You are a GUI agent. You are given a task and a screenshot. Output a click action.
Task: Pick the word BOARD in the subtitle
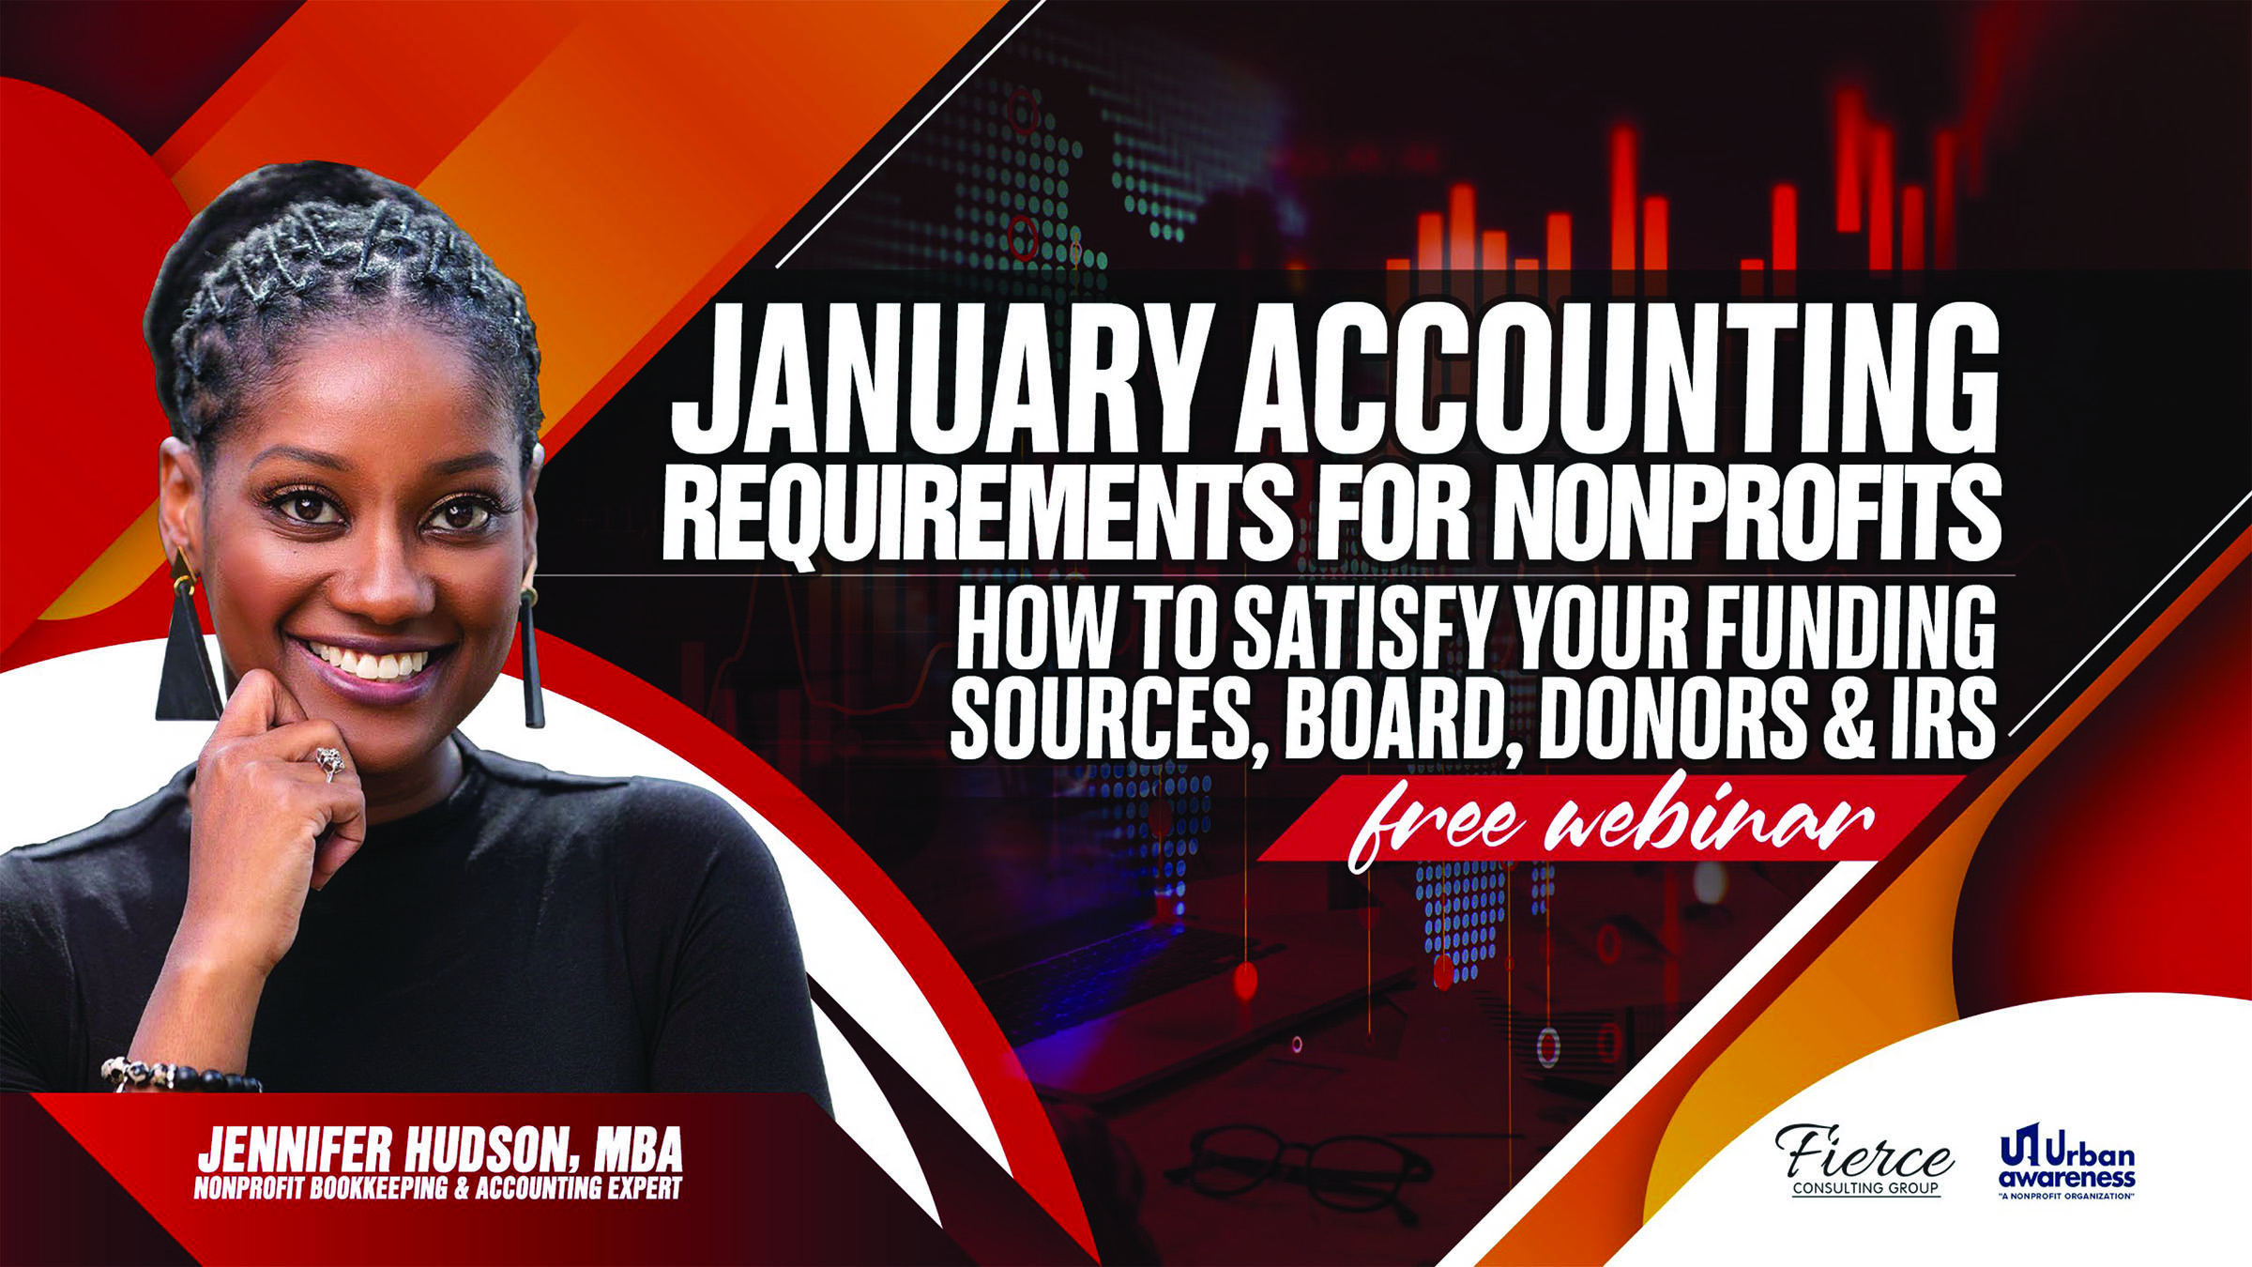click(1404, 718)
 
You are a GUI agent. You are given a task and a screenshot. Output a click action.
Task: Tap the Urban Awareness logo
click(2067, 1161)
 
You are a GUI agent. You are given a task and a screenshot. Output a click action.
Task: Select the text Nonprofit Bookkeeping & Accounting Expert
click(437, 1188)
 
